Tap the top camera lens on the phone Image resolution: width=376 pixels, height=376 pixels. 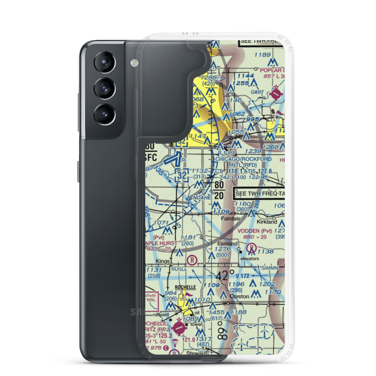point(103,63)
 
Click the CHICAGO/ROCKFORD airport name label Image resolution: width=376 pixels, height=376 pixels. point(243,159)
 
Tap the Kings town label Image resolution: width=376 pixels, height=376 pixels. point(163,261)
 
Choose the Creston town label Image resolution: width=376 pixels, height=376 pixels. point(239,296)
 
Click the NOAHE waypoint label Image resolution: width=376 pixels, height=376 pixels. point(201,197)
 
